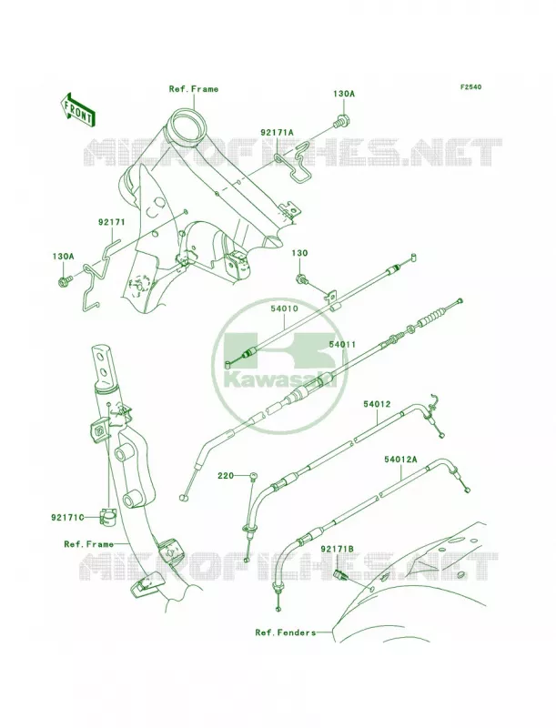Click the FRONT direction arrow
[77, 109]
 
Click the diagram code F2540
[470, 86]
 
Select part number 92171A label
[277, 132]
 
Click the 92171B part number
[337, 549]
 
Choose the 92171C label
[67, 517]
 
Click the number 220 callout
[226, 475]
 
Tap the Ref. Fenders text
[286, 632]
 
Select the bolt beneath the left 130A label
[64, 280]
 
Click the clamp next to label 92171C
[106, 517]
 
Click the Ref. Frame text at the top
[194, 88]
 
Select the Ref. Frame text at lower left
[88, 544]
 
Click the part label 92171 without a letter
[111, 222]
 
